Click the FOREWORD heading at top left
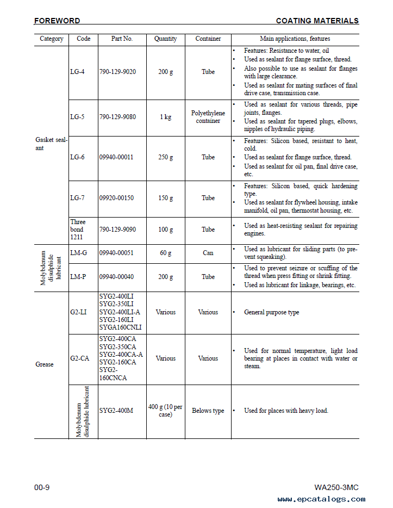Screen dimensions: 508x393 pyautogui.click(x=57, y=21)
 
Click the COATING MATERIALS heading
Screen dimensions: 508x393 pyautogui.click(x=317, y=21)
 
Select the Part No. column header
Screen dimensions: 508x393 pyautogui.click(x=122, y=39)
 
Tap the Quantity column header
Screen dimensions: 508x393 pyautogui.click(x=165, y=39)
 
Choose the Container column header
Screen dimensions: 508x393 pyautogui.click(x=208, y=39)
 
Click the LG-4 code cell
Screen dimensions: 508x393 pyautogui.click(x=77, y=72)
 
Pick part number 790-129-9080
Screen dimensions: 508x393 pyautogui.click(x=117, y=117)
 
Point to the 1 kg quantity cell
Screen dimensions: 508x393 pyautogui.click(x=165, y=117)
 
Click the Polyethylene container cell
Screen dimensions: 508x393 pyautogui.click(x=208, y=117)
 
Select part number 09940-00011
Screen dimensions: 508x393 pyautogui.click(x=116, y=157)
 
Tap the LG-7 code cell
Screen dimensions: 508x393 pyautogui.click(x=77, y=198)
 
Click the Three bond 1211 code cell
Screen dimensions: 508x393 pyautogui.click(x=78, y=230)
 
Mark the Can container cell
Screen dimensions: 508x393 pyautogui.click(x=208, y=253)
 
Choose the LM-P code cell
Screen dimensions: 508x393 pyautogui.click(x=78, y=277)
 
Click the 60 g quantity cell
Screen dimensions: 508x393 pyautogui.click(x=165, y=253)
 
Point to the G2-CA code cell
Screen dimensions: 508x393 pyautogui.click(x=79, y=358)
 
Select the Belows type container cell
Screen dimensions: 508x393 pyautogui.click(x=208, y=411)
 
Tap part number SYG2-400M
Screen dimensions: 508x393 pyautogui.click(x=116, y=411)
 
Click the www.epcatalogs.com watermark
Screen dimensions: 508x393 pyautogui.click(x=321, y=499)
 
